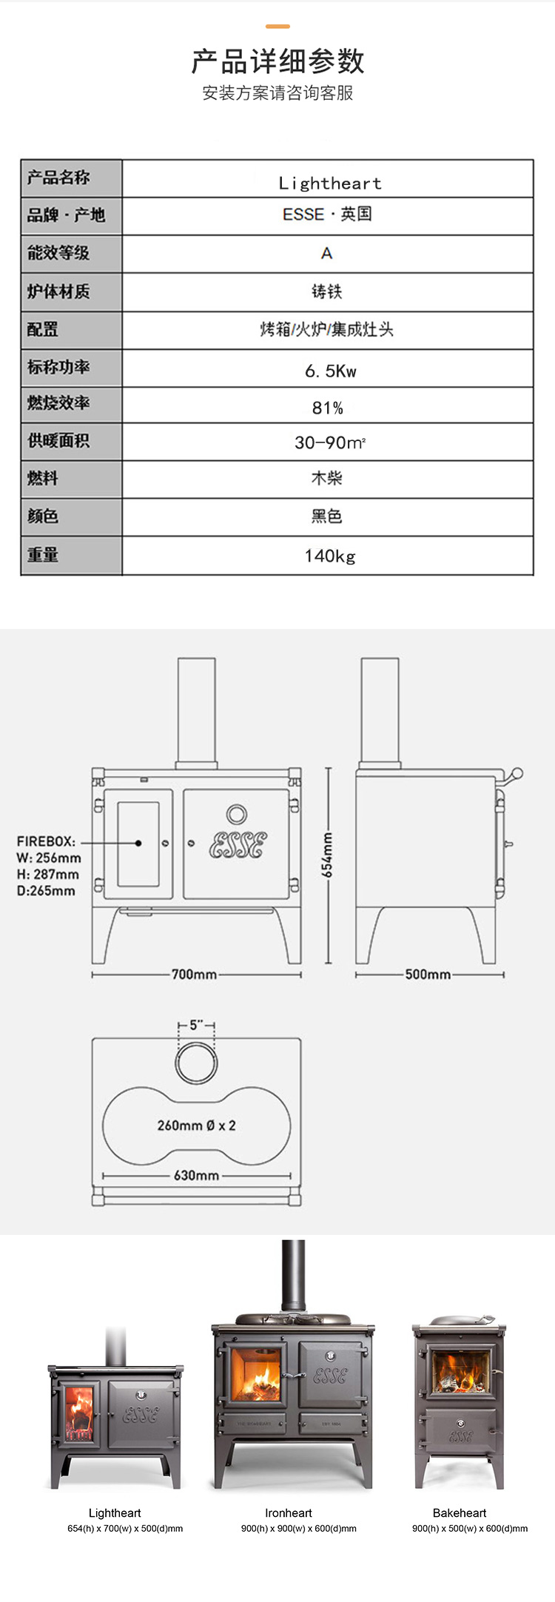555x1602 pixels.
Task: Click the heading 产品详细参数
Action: point(277,61)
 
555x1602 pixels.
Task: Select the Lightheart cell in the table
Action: point(330,183)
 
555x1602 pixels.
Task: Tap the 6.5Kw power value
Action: point(330,371)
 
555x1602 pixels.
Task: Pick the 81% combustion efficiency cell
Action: point(328,408)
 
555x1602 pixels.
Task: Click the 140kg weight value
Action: point(330,556)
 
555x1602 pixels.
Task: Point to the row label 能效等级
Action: point(58,253)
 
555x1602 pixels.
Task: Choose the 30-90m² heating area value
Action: point(330,442)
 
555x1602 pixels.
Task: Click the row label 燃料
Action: point(43,479)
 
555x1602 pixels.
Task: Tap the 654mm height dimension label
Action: point(327,855)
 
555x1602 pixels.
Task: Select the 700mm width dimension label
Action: point(194,975)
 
